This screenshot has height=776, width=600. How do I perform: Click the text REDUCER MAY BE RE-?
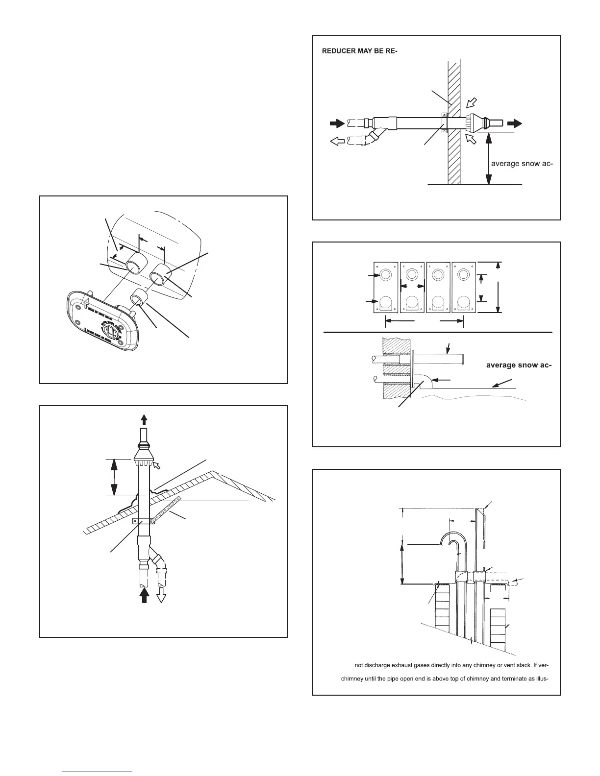[359, 50]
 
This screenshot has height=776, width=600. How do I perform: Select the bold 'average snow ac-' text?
[519, 364]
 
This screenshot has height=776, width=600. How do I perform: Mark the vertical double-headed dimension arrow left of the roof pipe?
[114, 477]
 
